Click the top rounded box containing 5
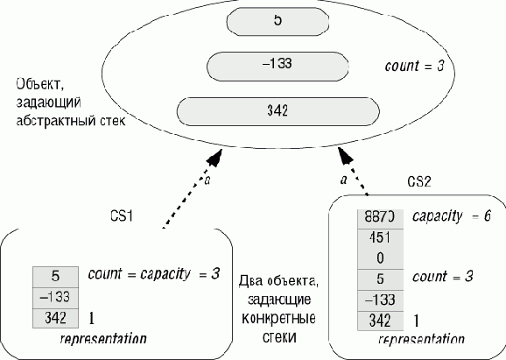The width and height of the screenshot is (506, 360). pos(278,21)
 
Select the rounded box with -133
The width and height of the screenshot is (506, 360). pos(278,67)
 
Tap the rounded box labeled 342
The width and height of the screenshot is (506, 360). pos(278,111)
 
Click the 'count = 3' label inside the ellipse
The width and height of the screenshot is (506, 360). pos(414,66)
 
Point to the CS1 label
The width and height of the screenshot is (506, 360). pos(122,215)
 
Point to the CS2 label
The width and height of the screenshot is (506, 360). pos(419,182)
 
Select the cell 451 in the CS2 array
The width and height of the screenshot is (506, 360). pos(380,238)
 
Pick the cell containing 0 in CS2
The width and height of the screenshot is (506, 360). pos(380,258)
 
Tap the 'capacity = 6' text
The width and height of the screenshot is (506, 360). pos(452,216)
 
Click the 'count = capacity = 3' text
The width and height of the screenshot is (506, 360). pos(153,274)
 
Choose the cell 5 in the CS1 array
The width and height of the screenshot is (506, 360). pos(55,277)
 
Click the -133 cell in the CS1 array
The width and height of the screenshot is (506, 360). pos(55,297)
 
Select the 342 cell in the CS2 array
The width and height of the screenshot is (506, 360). pos(380,321)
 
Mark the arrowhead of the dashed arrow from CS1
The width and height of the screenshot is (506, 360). pos(214,158)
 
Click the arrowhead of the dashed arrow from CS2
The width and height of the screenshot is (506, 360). pos(345,156)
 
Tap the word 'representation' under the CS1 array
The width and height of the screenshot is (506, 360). pos(103,339)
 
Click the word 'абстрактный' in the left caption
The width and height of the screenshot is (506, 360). pos(52,121)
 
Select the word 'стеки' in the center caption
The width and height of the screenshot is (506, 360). pos(278,336)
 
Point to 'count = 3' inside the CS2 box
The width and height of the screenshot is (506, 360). pos(443,277)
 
